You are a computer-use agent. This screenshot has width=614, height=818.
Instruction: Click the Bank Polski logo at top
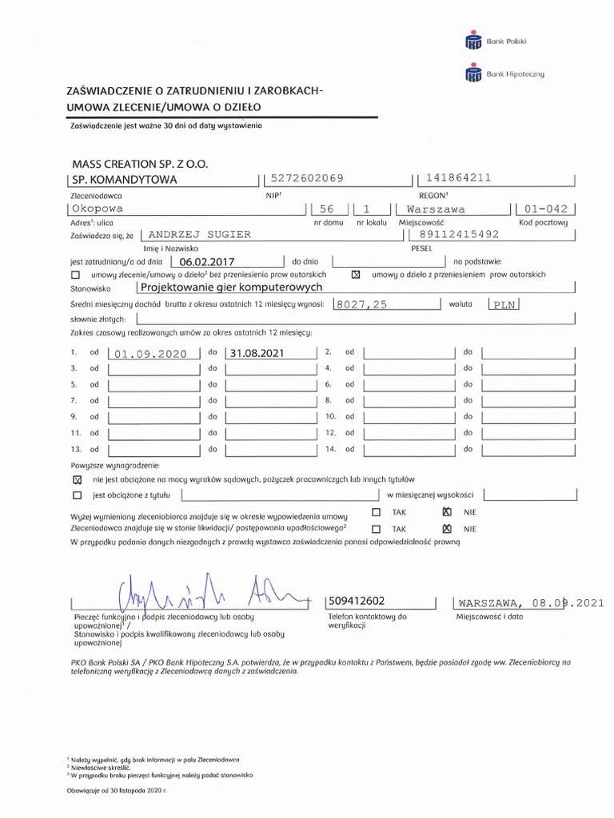[x=496, y=41]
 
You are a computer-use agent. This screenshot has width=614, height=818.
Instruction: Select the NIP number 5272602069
[x=308, y=179]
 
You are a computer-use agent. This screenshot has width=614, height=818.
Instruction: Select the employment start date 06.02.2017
[x=206, y=260]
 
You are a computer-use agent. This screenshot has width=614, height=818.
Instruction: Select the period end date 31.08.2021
[x=256, y=352]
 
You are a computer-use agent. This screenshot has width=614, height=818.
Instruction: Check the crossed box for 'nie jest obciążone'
[x=77, y=480]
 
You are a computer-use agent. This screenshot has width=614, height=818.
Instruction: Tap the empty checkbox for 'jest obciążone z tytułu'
[x=77, y=495]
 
